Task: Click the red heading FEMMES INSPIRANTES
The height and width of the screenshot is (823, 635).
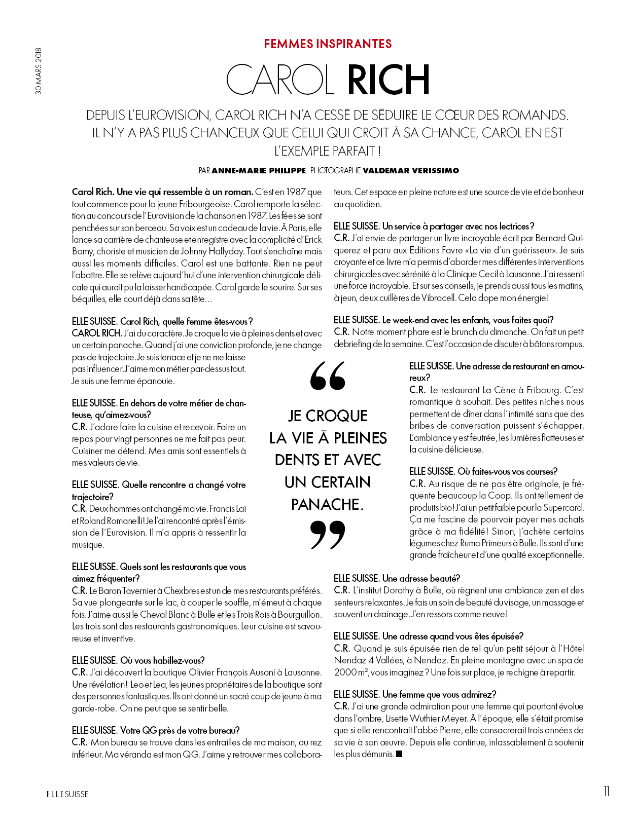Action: [328, 44]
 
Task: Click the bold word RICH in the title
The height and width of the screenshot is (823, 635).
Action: [389, 80]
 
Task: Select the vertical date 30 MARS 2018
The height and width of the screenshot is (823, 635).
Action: [39, 71]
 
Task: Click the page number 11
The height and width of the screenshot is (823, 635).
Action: [606, 792]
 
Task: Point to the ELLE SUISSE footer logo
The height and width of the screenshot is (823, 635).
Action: [67, 794]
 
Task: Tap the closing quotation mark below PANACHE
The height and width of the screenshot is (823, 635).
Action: [328, 535]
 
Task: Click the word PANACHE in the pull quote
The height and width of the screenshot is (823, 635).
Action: [327, 504]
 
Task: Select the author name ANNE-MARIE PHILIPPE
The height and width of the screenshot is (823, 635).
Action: [259, 171]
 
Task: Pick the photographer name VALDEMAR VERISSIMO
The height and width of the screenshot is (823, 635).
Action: [411, 171]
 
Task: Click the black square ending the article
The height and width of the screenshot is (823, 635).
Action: [399, 754]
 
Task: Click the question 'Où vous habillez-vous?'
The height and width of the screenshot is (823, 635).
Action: [162, 660]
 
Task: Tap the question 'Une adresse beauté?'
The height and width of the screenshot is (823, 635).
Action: [421, 578]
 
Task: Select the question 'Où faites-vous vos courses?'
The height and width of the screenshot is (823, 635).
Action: [507, 471]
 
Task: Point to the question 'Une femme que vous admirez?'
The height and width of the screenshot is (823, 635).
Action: [439, 694]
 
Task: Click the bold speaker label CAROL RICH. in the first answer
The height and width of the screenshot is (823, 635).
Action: [96, 333]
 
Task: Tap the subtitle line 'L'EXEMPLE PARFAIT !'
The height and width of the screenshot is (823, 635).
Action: [328, 151]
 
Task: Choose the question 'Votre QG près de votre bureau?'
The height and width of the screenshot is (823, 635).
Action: [180, 730]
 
